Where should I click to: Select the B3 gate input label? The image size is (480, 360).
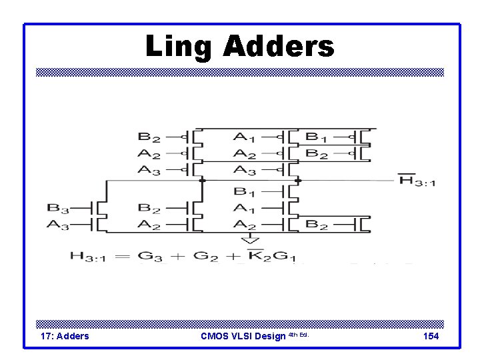pyautogui.click(x=57, y=207)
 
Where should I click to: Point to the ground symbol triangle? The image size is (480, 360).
pyautogui.click(x=249, y=239)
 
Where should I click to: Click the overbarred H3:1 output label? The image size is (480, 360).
pyautogui.click(x=416, y=180)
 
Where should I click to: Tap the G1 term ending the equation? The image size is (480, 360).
pyautogui.click(x=284, y=255)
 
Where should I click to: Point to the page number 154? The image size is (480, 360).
pyautogui.click(x=431, y=336)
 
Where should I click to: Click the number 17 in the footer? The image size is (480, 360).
pyautogui.click(x=47, y=336)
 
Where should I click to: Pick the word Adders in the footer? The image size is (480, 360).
pyautogui.click(x=73, y=336)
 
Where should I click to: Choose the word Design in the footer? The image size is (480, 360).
pyautogui.click(x=272, y=336)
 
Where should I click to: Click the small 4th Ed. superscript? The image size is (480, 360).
pyautogui.click(x=299, y=334)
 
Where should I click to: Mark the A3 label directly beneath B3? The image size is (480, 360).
pyautogui.click(x=57, y=225)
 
